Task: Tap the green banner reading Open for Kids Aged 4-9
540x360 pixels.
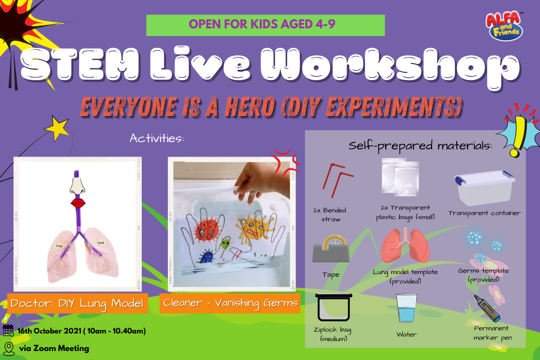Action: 265,25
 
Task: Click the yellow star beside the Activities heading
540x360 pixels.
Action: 57,128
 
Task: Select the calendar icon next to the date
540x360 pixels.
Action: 8,330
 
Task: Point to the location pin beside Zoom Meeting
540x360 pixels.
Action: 9,349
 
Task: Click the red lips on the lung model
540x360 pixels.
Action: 78,203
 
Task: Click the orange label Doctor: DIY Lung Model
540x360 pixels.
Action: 77,303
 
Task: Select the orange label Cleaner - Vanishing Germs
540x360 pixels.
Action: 230,303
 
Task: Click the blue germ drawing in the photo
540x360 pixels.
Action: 207,257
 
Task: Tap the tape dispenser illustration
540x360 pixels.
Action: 331,249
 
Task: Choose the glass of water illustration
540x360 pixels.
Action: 406,308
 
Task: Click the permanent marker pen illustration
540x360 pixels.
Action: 487,309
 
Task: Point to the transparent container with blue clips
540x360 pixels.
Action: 485,188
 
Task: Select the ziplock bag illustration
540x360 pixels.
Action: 333,307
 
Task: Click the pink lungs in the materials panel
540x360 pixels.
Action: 405,245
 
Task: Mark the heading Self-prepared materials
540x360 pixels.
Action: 420,146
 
